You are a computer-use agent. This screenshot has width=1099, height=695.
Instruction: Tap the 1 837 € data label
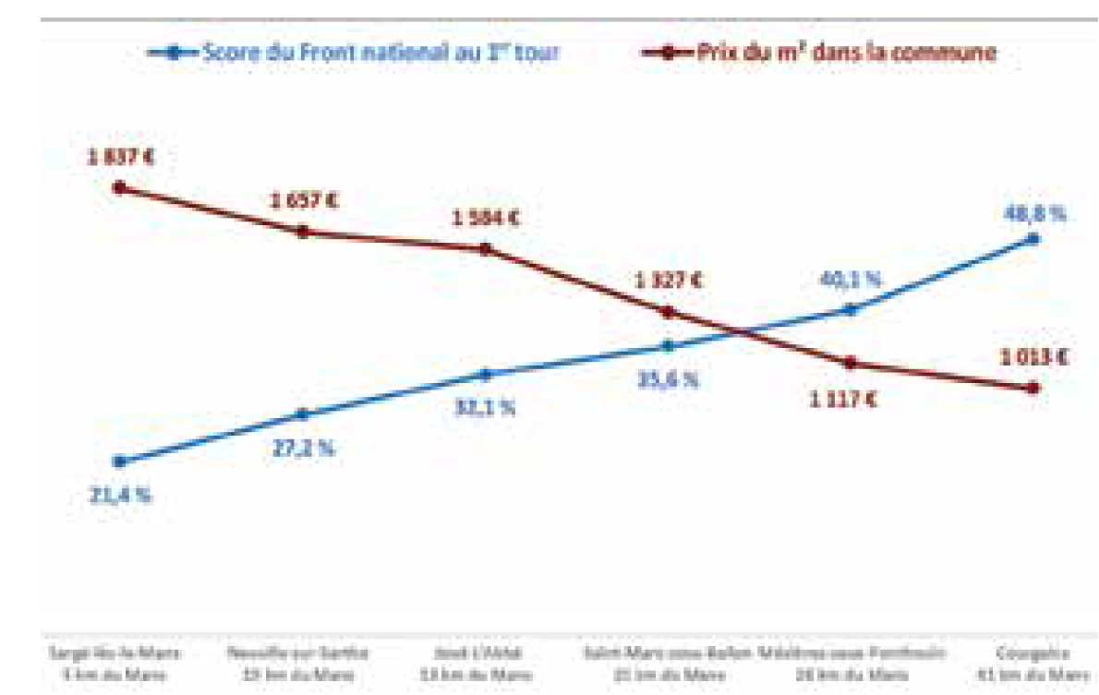tap(121, 156)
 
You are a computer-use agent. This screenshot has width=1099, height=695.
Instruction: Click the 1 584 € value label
tap(486, 219)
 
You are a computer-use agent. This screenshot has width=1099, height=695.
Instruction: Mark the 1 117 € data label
tap(842, 400)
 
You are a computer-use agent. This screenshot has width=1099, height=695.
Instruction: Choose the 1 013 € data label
tap(1034, 356)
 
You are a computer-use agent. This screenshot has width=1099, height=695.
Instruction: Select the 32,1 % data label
tap(486, 407)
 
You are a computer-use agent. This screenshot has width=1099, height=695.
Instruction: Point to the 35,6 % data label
tap(669, 378)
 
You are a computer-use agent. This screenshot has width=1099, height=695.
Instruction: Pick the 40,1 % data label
tap(851, 279)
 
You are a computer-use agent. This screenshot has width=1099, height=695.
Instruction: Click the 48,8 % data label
tap(1034, 213)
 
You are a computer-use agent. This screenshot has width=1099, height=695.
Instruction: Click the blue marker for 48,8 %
tap(1033, 239)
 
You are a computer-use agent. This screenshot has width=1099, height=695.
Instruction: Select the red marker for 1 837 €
tap(119, 187)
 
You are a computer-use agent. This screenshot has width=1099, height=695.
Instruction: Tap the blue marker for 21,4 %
tap(119, 461)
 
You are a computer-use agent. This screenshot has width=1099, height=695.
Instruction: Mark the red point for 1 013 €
tap(1033, 388)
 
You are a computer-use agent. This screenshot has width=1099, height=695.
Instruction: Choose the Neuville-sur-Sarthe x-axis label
tap(297, 662)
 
